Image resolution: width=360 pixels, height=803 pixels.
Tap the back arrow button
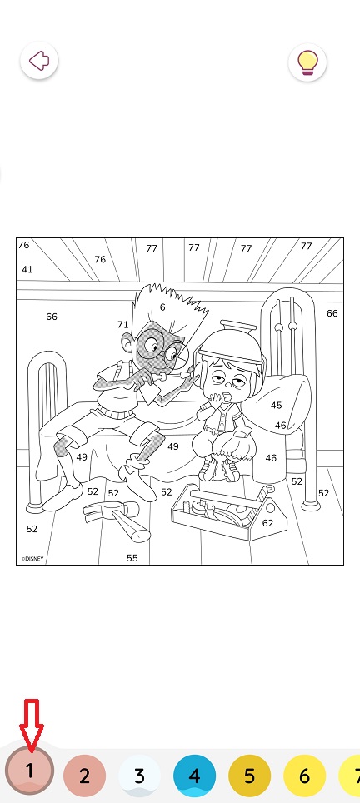(x=39, y=61)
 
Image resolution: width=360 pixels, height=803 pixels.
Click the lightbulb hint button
(x=307, y=62)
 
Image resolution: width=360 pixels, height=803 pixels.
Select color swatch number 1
(x=29, y=771)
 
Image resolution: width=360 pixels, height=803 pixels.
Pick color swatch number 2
(x=84, y=776)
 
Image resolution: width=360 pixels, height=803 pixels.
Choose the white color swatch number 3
(x=139, y=776)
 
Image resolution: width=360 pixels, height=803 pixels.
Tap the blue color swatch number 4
(x=195, y=776)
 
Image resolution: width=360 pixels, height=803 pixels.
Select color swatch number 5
(x=249, y=776)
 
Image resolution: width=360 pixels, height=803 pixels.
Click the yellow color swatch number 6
(x=305, y=776)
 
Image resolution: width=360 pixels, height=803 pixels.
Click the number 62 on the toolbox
(x=267, y=523)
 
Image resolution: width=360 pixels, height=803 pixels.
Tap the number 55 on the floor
(x=132, y=558)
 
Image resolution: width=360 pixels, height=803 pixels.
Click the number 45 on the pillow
(x=277, y=405)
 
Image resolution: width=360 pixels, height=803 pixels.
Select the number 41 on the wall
(x=27, y=269)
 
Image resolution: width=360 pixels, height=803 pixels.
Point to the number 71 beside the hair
(x=122, y=324)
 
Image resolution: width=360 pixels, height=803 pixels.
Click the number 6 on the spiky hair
(x=162, y=307)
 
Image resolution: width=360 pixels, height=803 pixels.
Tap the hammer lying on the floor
(x=117, y=518)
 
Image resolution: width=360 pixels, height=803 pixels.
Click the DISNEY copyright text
(x=32, y=559)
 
